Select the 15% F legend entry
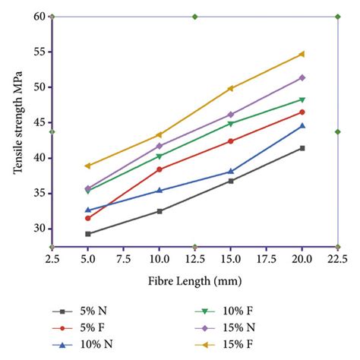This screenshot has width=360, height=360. pyautogui.click(x=238, y=344)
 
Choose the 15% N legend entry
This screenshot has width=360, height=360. pyautogui.click(x=238, y=327)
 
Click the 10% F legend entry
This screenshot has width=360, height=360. pyautogui.click(x=238, y=311)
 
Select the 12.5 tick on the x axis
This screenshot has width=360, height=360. pyautogui.click(x=194, y=259)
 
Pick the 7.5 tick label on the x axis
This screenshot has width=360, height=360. pyautogui.click(x=123, y=259)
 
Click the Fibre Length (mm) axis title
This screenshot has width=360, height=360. pyautogui.click(x=194, y=282)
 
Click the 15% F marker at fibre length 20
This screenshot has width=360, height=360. pyautogui.click(x=302, y=54)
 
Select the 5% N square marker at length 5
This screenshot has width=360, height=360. pyautogui.click(x=88, y=234)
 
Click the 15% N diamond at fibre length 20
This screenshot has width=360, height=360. pyautogui.click(x=302, y=77)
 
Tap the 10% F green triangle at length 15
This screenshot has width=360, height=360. pyautogui.click(x=231, y=124)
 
